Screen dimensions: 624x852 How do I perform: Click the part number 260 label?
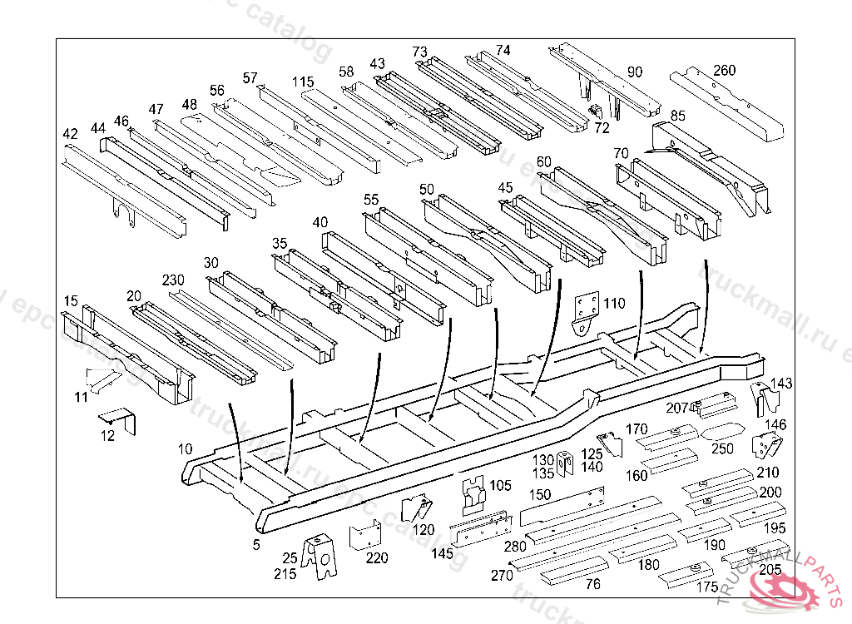pos(724,71)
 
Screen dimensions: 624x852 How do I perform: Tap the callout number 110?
pos(614,304)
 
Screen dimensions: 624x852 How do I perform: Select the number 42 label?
pos(70,134)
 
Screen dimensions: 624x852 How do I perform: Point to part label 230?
pos(173,280)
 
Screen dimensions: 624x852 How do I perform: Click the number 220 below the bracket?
pos(376,558)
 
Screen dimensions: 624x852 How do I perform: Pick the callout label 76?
pos(592,584)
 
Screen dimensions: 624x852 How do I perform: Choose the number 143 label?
pos(782,384)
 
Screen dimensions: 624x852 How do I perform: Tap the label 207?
pos(677,408)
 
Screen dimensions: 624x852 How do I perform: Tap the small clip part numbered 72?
pos(596,111)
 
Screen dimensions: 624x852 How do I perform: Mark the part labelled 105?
pos(474,493)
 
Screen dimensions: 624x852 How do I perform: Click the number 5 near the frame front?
pos(256,545)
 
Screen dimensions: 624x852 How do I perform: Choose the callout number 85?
pos(677,116)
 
